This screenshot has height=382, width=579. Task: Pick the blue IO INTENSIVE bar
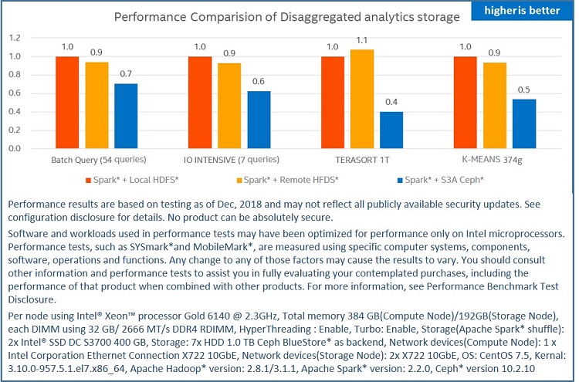point(259,119)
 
